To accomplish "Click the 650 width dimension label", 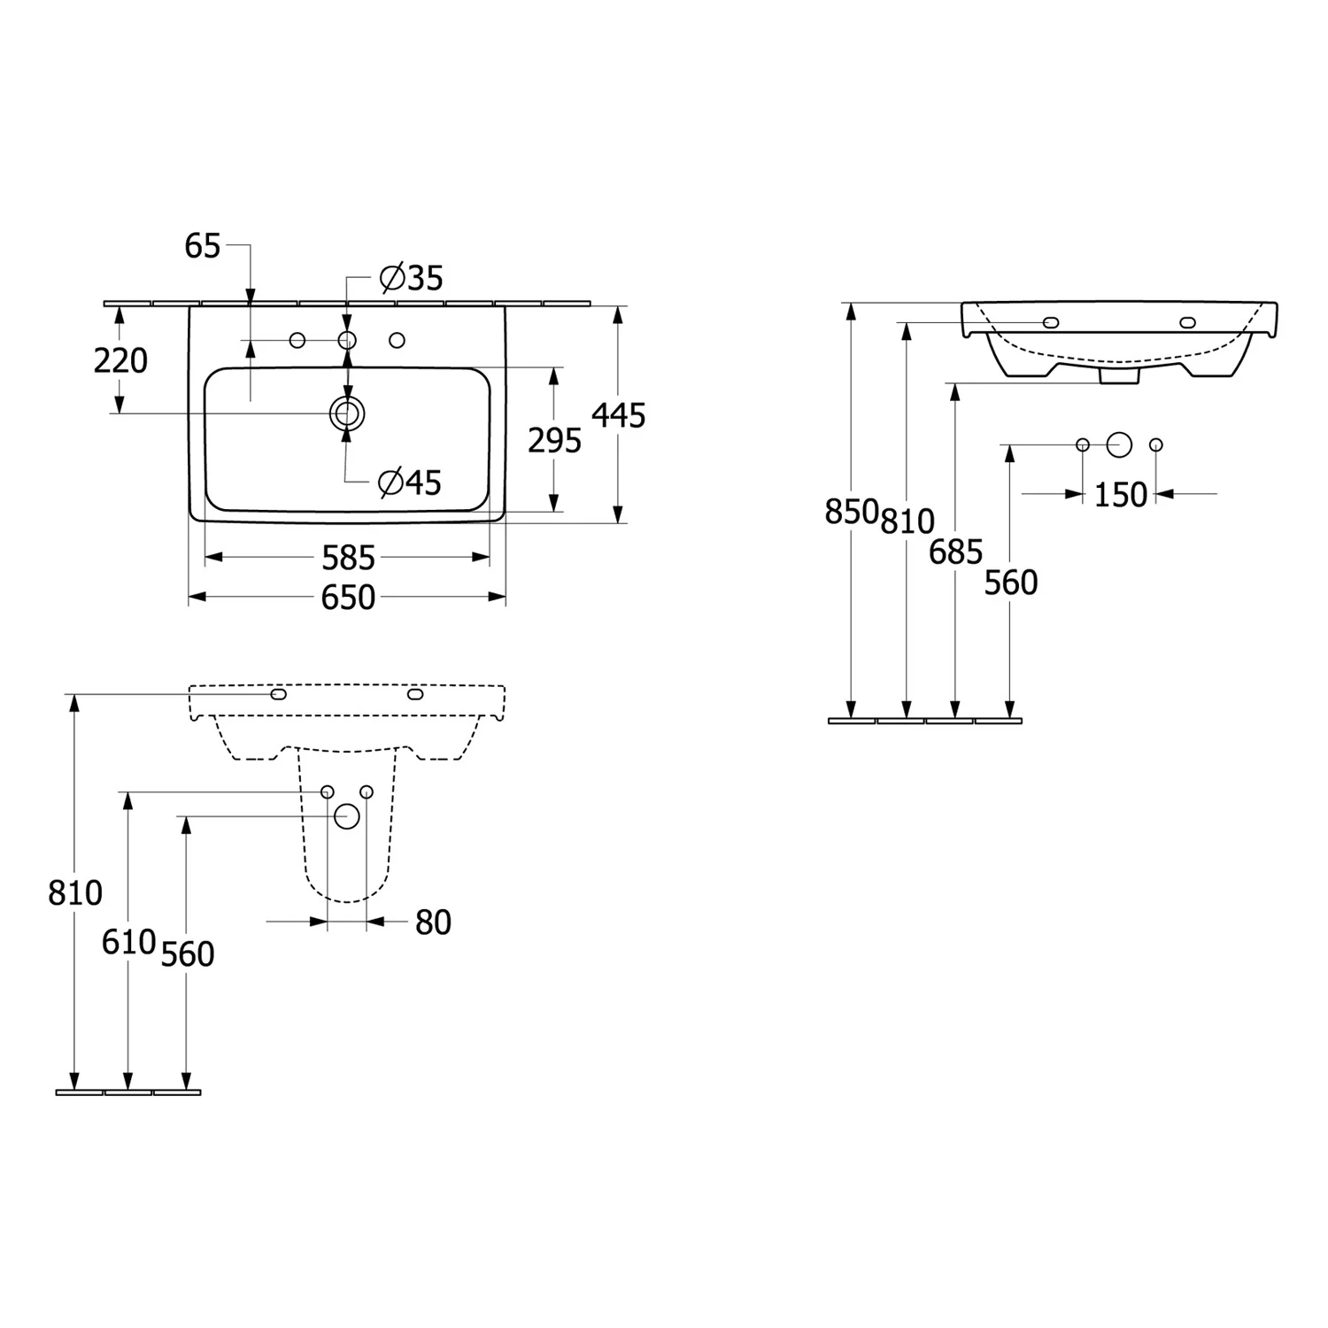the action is click(348, 598).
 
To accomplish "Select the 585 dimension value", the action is click(348, 558).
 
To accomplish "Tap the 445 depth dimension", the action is click(619, 414).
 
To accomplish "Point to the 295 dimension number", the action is click(555, 440).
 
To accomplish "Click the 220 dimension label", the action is click(120, 360).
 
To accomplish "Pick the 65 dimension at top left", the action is click(202, 246).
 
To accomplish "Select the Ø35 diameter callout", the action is click(411, 278).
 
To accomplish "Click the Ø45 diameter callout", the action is click(409, 483).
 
